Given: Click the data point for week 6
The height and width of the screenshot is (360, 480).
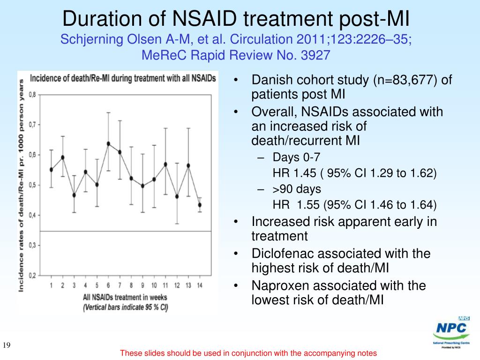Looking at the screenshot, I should [108, 143].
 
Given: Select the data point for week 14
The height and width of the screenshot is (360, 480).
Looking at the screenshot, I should [200, 205].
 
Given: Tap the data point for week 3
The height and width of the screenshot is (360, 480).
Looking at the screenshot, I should [74, 195].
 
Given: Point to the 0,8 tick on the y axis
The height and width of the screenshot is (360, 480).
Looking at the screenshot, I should [33, 94].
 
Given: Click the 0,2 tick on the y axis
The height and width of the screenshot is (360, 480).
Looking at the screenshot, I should [33, 275].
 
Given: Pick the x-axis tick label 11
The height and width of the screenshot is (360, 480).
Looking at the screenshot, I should [165, 285].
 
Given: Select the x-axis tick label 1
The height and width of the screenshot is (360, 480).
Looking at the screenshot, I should [51, 285].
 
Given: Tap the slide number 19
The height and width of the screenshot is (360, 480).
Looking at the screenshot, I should [7, 346].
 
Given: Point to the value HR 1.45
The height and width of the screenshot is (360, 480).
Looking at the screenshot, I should [288, 173].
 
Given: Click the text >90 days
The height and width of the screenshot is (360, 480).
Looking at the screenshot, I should [297, 189].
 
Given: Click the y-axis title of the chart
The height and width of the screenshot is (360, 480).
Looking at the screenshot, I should [22, 185].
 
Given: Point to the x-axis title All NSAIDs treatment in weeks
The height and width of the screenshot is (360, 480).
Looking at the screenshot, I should [125, 297].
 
